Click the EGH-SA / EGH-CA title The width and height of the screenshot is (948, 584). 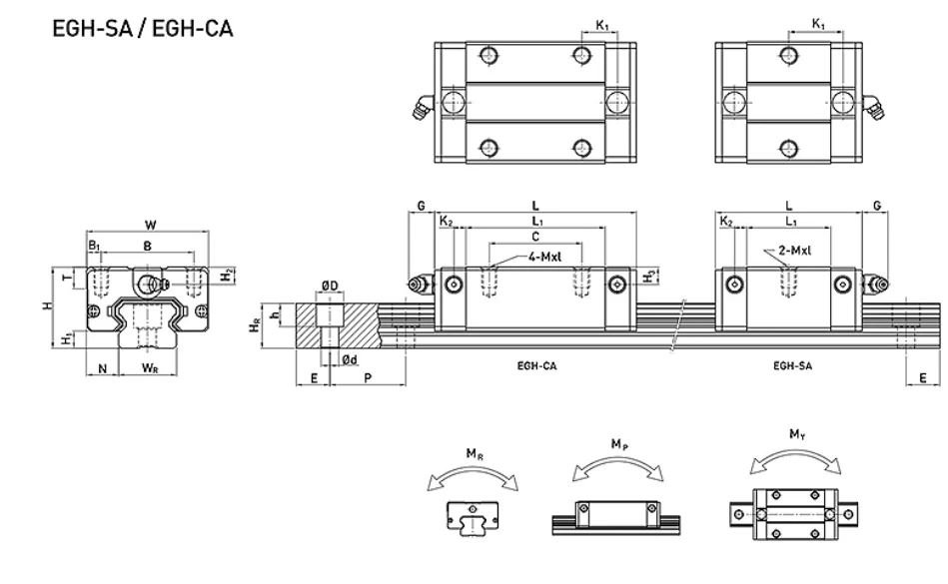click(143, 28)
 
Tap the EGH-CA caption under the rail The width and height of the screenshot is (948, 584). click(536, 365)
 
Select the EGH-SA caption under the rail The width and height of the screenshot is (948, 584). click(792, 365)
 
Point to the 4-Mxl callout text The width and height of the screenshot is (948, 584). click(544, 257)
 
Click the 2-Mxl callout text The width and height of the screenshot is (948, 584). click(795, 250)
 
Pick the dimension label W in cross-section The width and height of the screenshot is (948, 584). click(151, 226)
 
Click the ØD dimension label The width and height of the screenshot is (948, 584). click(330, 286)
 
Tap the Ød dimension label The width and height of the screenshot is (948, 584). click(350, 360)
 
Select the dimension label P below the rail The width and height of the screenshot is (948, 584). click(368, 378)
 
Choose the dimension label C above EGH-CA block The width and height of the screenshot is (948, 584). click(535, 237)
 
